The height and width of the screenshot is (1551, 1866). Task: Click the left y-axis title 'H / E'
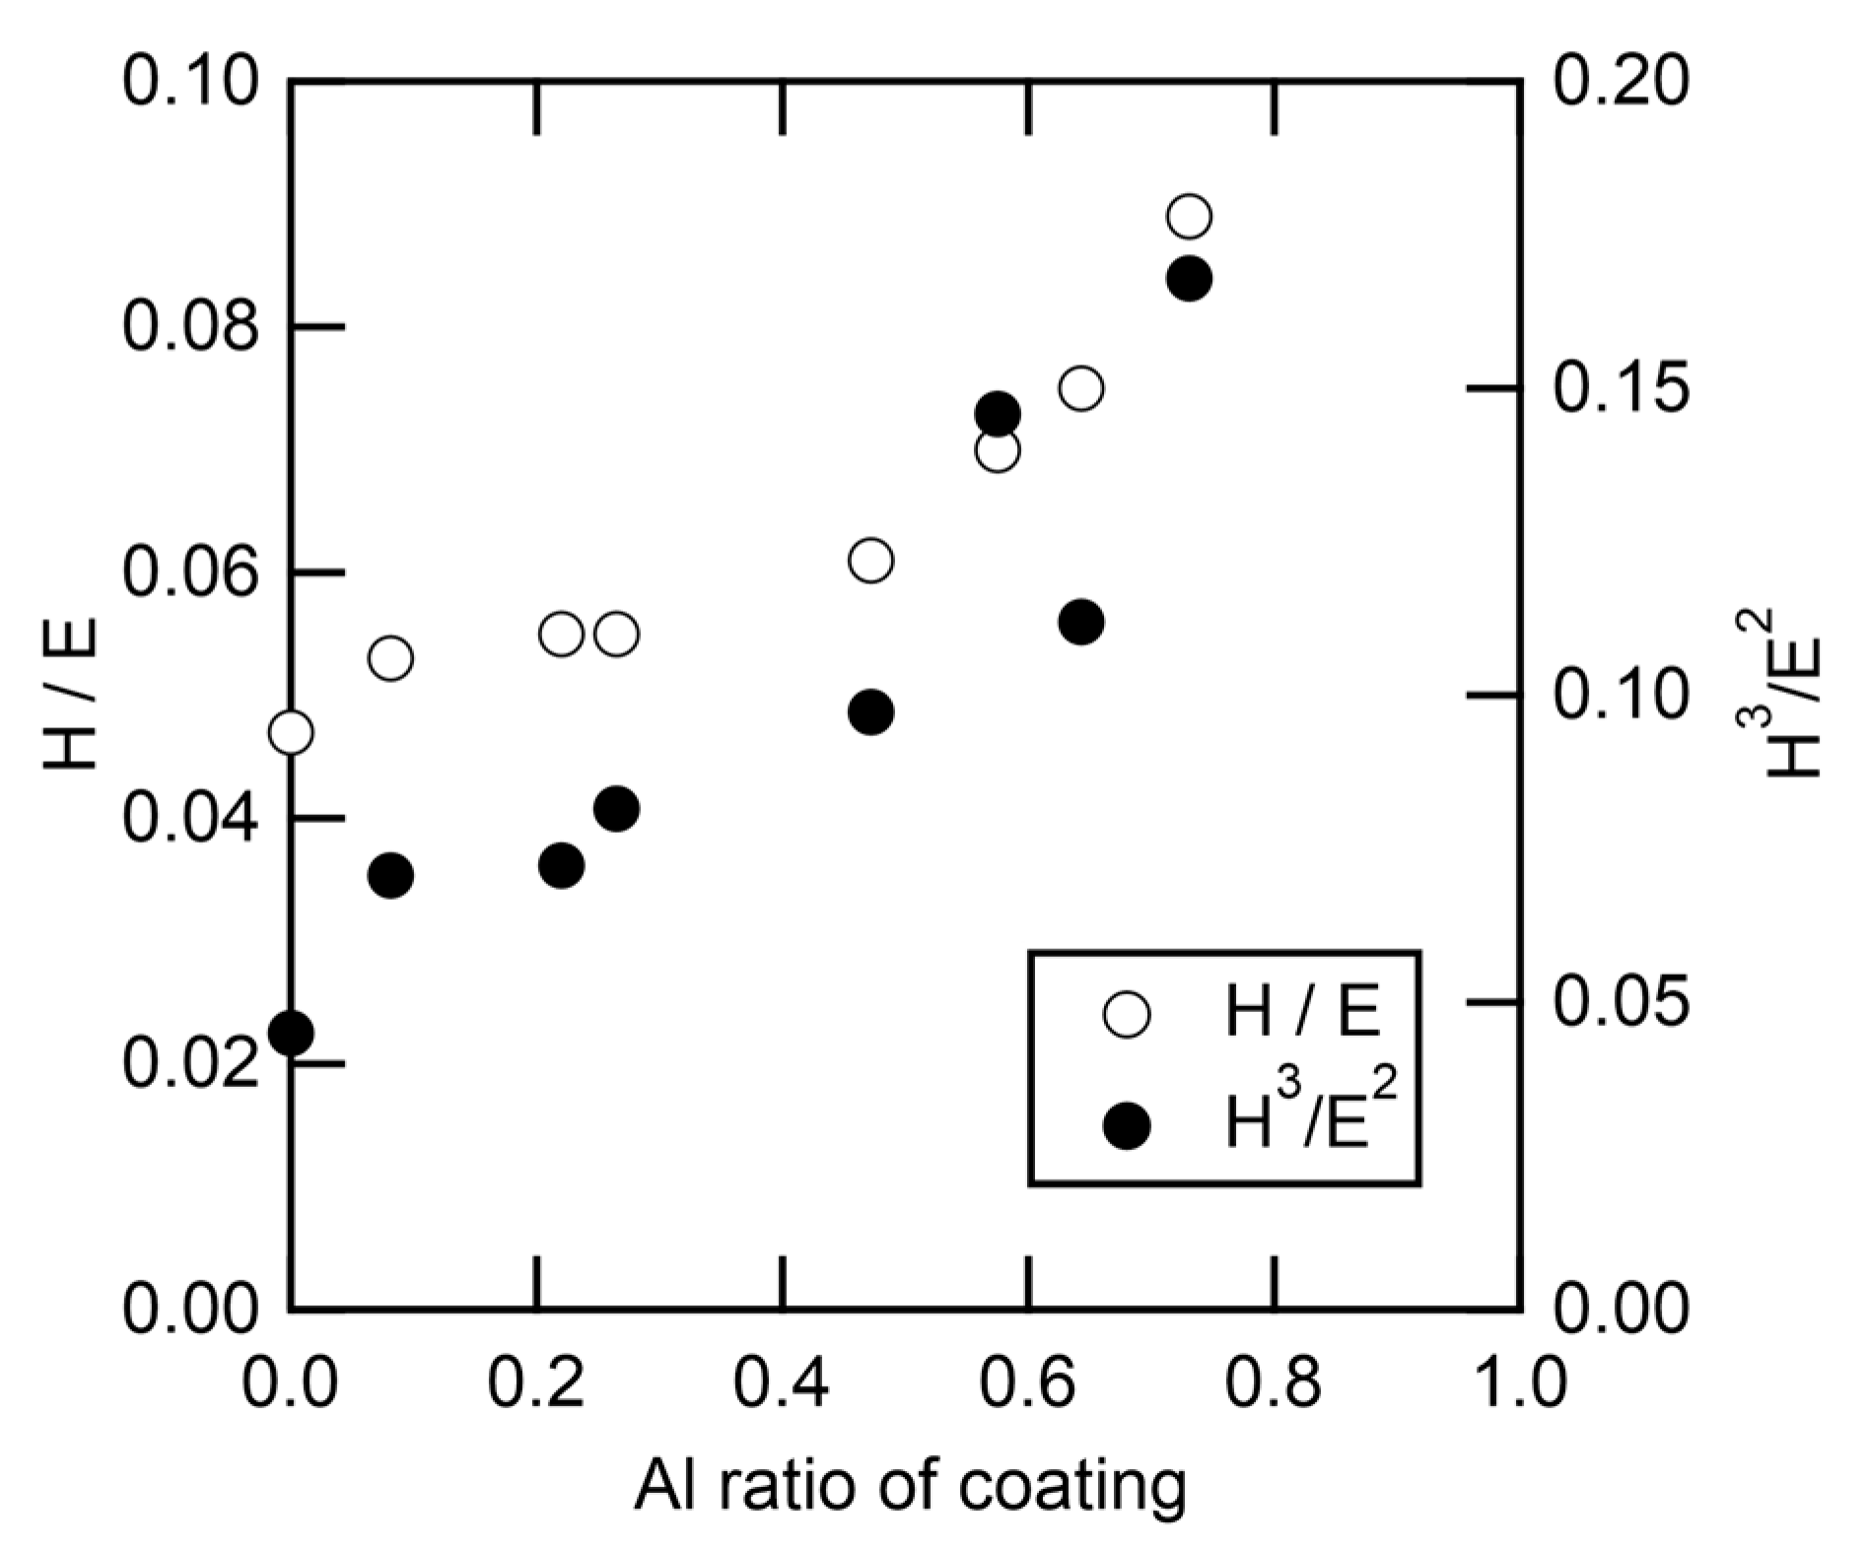pyautogui.click(x=71, y=694)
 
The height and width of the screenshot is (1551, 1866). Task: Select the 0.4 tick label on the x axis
pyautogui.click(x=781, y=1383)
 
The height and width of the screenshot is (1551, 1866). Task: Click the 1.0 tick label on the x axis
pyautogui.click(x=1520, y=1383)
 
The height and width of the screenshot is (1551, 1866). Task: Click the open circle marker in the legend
pyautogui.click(x=1127, y=1015)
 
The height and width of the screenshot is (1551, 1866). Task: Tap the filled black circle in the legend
pyautogui.click(x=1127, y=1125)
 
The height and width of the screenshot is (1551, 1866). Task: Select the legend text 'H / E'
pyautogui.click(x=1301, y=1013)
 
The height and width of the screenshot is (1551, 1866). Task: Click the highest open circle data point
pyautogui.click(x=1189, y=217)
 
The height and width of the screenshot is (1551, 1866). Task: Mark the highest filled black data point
pyautogui.click(x=1189, y=280)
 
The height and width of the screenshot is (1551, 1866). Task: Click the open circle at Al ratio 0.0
pyautogui.click(x=291, y=732)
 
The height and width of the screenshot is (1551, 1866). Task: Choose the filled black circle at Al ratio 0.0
pyautogui.click(x=291, y=1034)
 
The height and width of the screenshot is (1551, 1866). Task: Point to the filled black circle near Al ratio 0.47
pyautogui.click(x=870, y=712)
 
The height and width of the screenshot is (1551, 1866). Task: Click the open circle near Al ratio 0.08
pyautogui.click(x=390, y=658)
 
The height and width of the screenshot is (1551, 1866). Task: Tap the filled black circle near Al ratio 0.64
pyautogui.click(x=1081, y=622)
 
